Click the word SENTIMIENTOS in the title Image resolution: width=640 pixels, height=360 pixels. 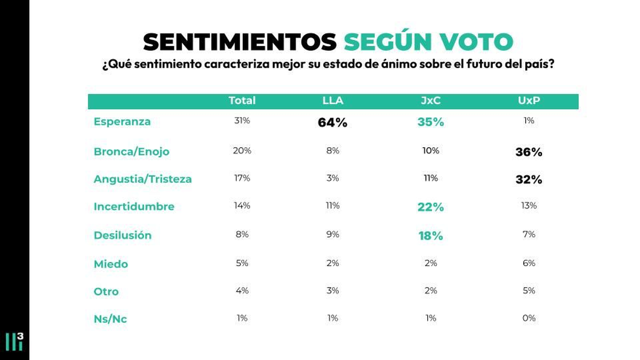point(239,42)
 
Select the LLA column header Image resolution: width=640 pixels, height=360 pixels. point(333,101)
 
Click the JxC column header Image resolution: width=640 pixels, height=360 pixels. point(430,101)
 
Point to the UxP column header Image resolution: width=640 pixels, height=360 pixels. point(529,101)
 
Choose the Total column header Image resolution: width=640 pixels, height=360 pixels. point(242,101)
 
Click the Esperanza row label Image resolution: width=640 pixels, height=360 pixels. point(122,122)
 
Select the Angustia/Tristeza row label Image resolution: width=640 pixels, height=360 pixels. point(143,179)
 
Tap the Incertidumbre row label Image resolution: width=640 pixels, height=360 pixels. point(134,206)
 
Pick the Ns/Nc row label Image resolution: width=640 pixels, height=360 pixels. point(110,319)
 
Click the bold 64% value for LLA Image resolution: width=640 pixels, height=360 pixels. point(333,123)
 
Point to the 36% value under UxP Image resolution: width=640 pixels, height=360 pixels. point(529,152)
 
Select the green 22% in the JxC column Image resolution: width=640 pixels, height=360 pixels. point(430,207)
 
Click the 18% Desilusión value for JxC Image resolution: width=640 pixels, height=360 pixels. point(430,236)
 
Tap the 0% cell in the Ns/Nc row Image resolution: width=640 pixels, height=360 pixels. point(529,318)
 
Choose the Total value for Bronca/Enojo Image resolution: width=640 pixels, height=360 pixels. point(242,150)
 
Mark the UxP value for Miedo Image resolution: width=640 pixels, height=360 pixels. point(529,263)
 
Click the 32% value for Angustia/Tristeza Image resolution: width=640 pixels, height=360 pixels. point(529,180)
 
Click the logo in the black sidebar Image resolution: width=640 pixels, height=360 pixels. point(14,341)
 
